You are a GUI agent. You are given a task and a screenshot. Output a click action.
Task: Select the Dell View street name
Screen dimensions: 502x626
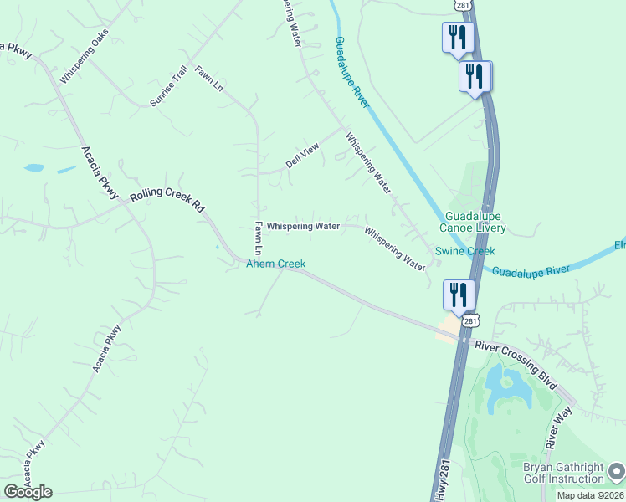[x=302, y=154]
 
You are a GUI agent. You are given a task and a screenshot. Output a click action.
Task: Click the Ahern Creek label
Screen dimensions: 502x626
[x=275, y=264]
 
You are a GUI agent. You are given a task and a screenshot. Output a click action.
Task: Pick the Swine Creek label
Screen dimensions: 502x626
[x=464, y=251]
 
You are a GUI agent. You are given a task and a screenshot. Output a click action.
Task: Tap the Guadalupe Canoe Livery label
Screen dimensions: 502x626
[x=474, y=222]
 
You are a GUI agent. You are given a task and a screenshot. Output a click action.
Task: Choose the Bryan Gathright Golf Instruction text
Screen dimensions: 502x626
[x=563, y=473]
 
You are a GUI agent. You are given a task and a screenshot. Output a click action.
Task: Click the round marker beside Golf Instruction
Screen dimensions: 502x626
[x=616, y=473]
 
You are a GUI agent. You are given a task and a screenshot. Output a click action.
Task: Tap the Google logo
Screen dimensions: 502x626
[x=28, y=492]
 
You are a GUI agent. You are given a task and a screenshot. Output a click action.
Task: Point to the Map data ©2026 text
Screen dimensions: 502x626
[x=589, y=495]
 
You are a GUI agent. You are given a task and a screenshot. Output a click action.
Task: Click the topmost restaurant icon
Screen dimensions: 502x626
[x=457, y=38]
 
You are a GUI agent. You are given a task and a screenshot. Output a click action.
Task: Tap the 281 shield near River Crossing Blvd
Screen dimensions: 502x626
[x=471, y=321]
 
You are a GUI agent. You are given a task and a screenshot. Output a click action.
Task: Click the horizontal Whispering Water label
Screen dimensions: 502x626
[x=303, y=226]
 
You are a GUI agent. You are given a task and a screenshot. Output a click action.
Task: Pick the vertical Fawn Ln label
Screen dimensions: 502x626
[x=259, y=238]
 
